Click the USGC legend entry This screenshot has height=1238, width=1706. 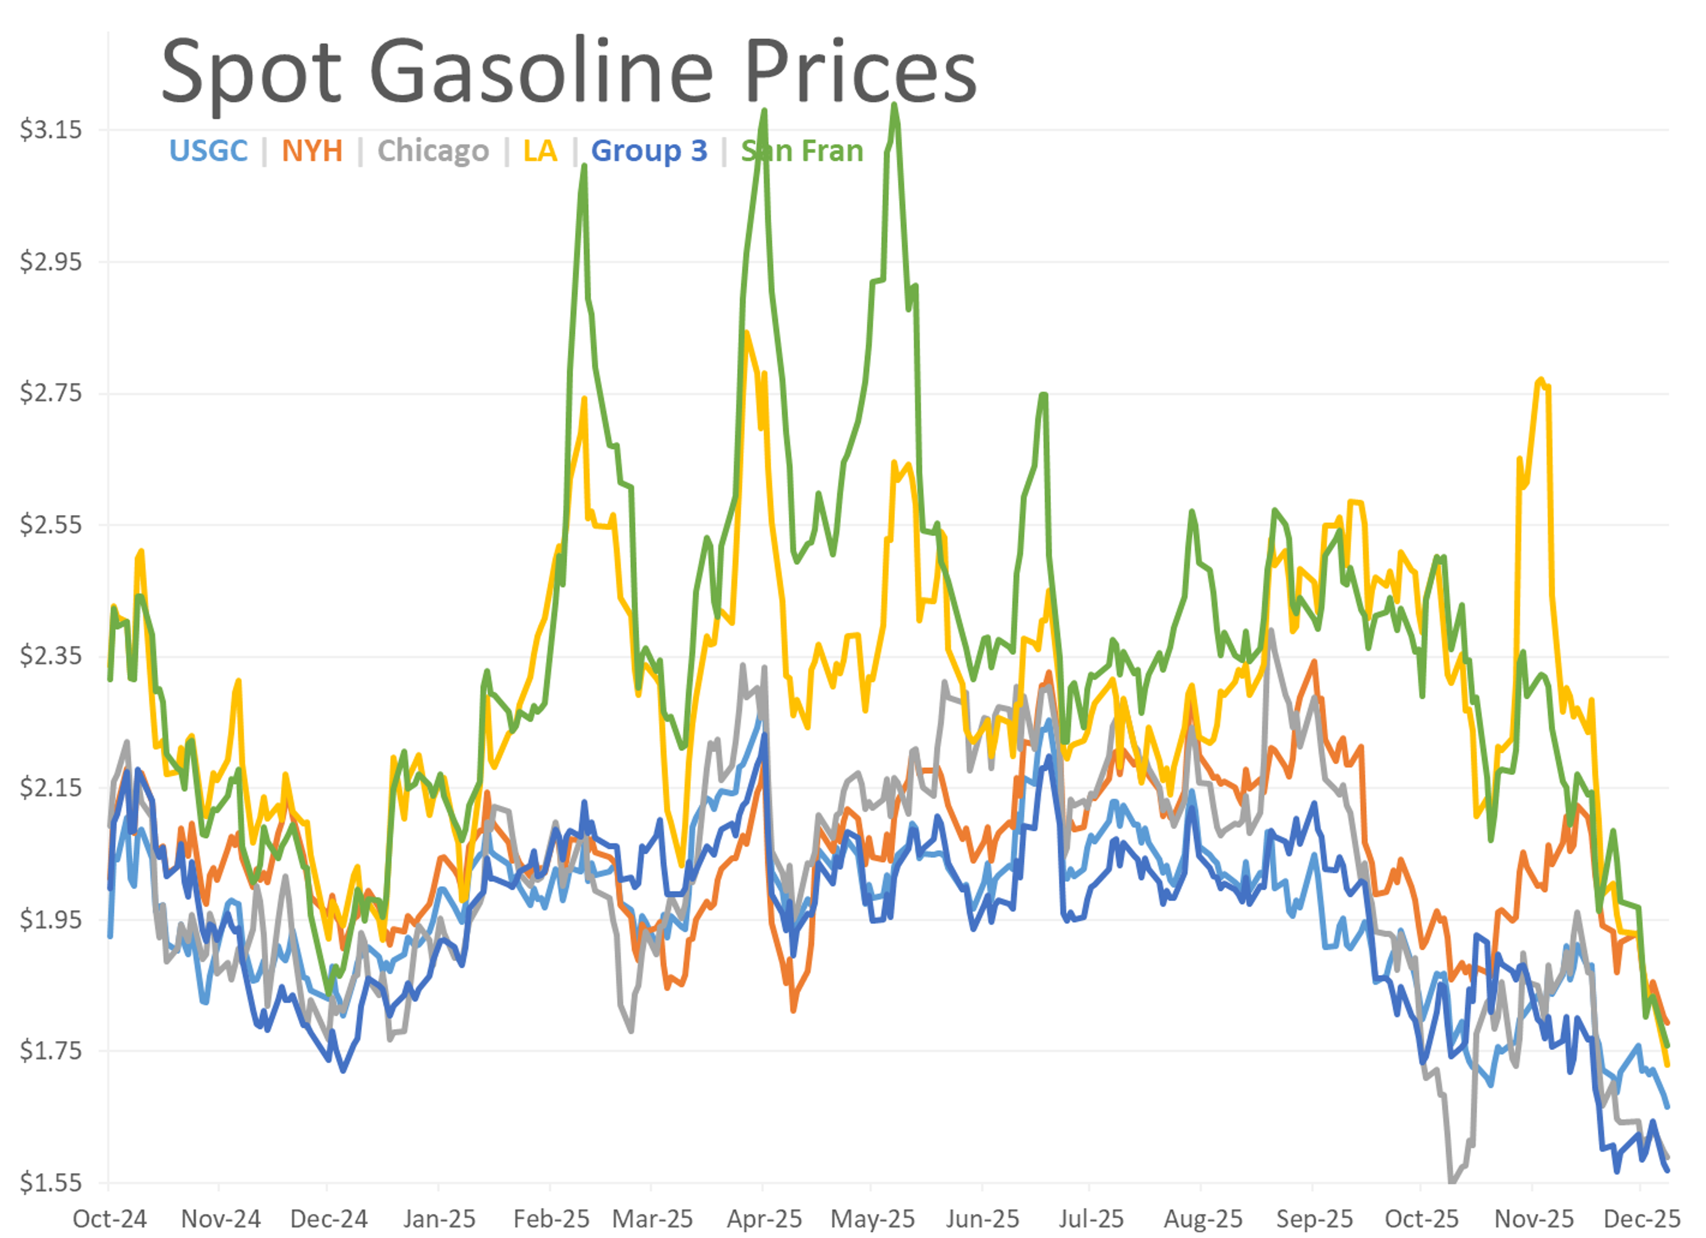click(208, 151)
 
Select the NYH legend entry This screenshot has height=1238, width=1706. click(312, 151)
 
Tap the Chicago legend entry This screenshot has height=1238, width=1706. click(433, 151)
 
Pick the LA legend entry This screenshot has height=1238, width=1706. click(540, 151)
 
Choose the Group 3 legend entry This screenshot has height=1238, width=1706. click(649, 151)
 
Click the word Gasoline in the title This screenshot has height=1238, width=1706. click(542, 73)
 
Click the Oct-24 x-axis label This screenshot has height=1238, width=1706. click(110, 1218)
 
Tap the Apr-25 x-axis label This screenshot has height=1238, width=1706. click(764, 1218)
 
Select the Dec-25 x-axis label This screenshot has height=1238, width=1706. click(1642, 1218)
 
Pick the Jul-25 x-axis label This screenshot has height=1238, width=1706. click(1091, 1218)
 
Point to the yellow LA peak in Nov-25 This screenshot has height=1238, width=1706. click(1541, 380)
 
